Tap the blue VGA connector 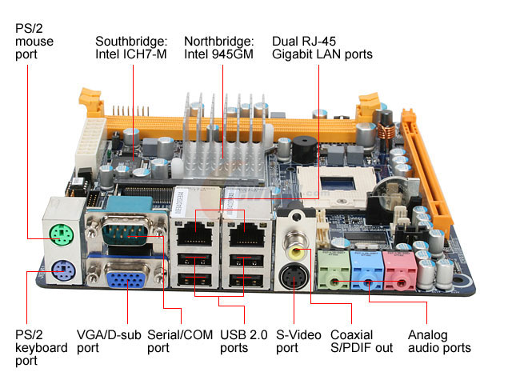(x=127, y=279)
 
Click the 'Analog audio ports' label (x=438, y=341)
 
